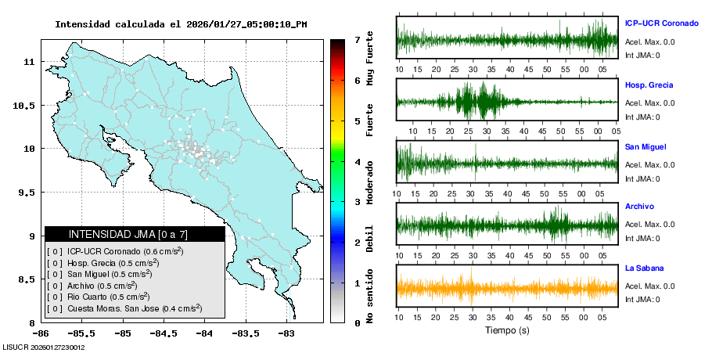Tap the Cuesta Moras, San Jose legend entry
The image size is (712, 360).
pos(124,308)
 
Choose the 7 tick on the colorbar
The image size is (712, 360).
pos(357,39)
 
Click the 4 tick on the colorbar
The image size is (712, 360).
pos(357,162)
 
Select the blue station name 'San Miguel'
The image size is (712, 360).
pos(646,146)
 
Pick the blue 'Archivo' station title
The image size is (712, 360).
pos(639,207)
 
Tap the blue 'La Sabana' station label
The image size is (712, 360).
pos(644,268)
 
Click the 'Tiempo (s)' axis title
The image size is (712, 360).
pos(507,331)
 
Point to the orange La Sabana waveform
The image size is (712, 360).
pos(507,287)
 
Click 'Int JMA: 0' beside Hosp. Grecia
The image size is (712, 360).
pos(642,117)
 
